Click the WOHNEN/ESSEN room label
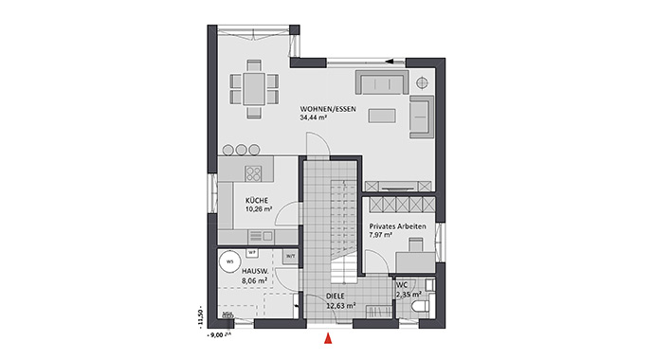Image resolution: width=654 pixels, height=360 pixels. pos(326,109)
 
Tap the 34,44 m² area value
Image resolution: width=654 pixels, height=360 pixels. pos(314,119)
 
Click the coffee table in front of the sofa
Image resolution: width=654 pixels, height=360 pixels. pos(382,116)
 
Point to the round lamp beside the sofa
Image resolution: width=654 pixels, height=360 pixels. pos(421,82)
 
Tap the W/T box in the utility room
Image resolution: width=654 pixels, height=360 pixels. pos(290,256)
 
